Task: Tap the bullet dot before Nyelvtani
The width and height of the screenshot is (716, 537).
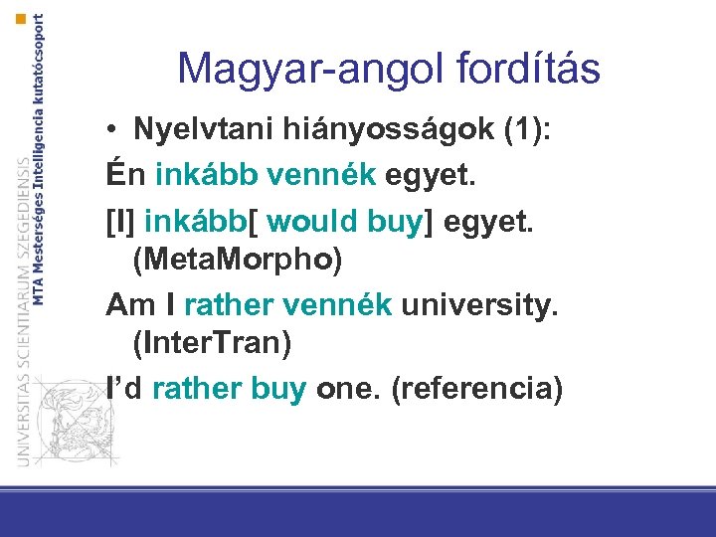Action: click(116, 131)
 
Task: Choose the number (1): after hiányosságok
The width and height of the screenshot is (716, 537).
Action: click(440, 130)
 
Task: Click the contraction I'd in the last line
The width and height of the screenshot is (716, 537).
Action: click(125, 388)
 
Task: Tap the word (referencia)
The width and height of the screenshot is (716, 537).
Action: click(477, 388)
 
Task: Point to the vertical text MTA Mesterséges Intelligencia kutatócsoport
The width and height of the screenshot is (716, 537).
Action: click(40, 159)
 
